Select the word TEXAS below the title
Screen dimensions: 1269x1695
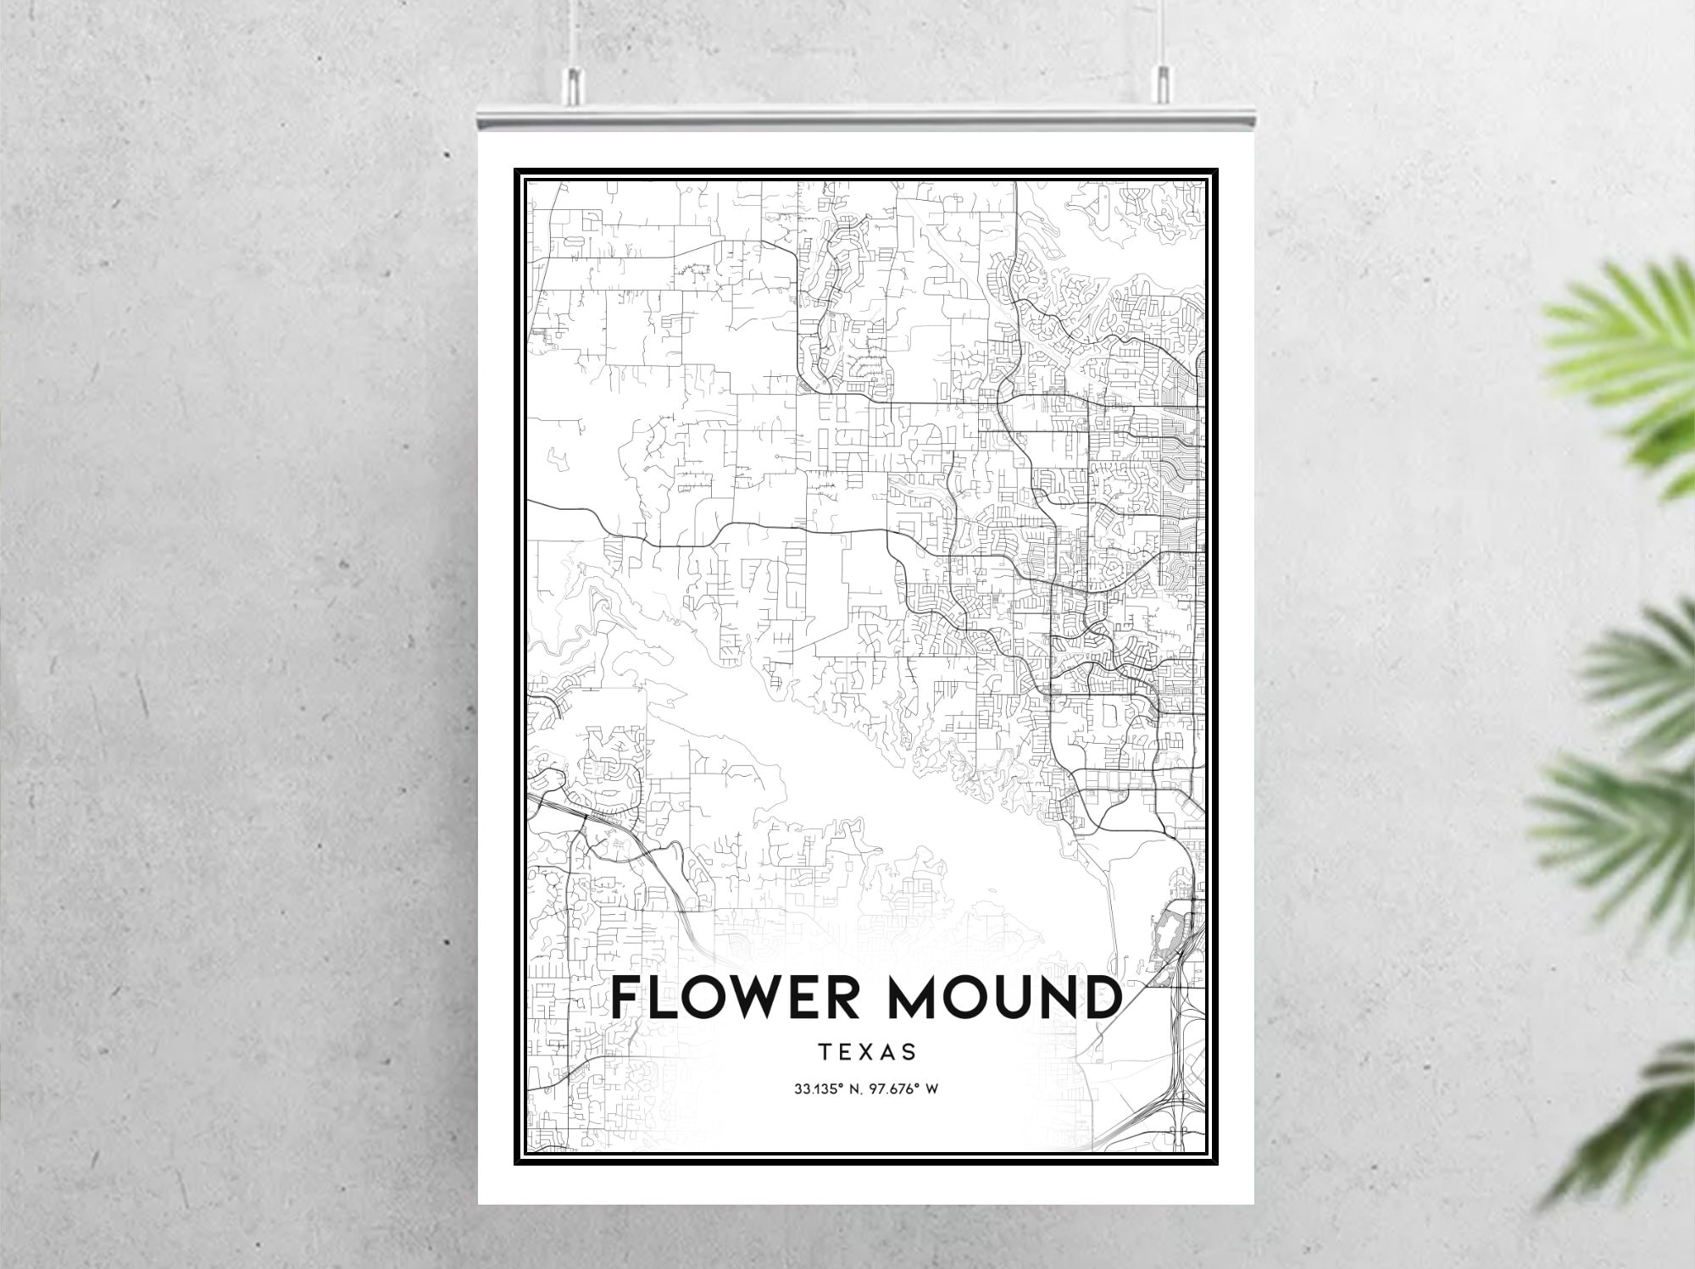867,1052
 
